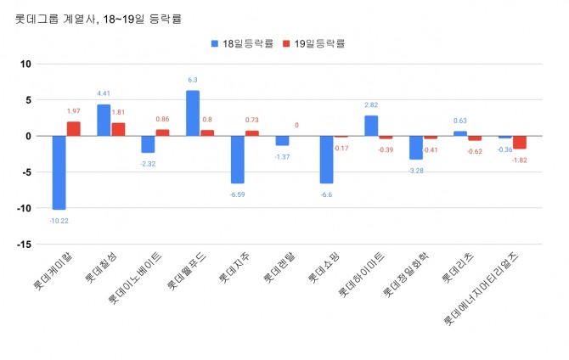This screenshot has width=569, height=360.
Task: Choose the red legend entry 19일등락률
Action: [318, 43]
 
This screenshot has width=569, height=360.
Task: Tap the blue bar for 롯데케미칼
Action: [59, 172]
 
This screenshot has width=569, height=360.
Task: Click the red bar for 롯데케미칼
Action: [74, 129]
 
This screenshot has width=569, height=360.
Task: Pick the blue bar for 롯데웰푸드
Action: [193, 113]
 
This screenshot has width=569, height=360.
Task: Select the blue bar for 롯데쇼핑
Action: [326, 160]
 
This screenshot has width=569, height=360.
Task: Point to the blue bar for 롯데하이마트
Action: [371, 126]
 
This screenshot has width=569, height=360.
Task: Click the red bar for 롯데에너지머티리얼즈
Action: [519, 143]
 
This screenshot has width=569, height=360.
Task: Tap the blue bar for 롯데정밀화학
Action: [415, 148]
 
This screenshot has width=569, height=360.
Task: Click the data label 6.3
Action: [193, 81]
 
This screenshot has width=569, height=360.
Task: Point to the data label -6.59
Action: [237, 194]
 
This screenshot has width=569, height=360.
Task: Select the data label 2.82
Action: [371, 105]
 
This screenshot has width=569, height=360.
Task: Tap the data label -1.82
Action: [520, 160]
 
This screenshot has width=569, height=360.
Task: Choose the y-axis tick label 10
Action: [25, 64]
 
